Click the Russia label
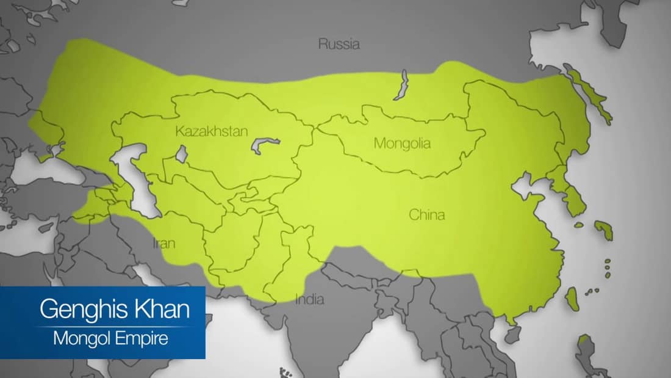point(339,44)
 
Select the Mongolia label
point(402,144)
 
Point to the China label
point(426,215)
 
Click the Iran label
point(164,244)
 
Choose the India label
point(310,300)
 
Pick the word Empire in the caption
point(140,338)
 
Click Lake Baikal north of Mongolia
point(401,85)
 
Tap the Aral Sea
point(181,153)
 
